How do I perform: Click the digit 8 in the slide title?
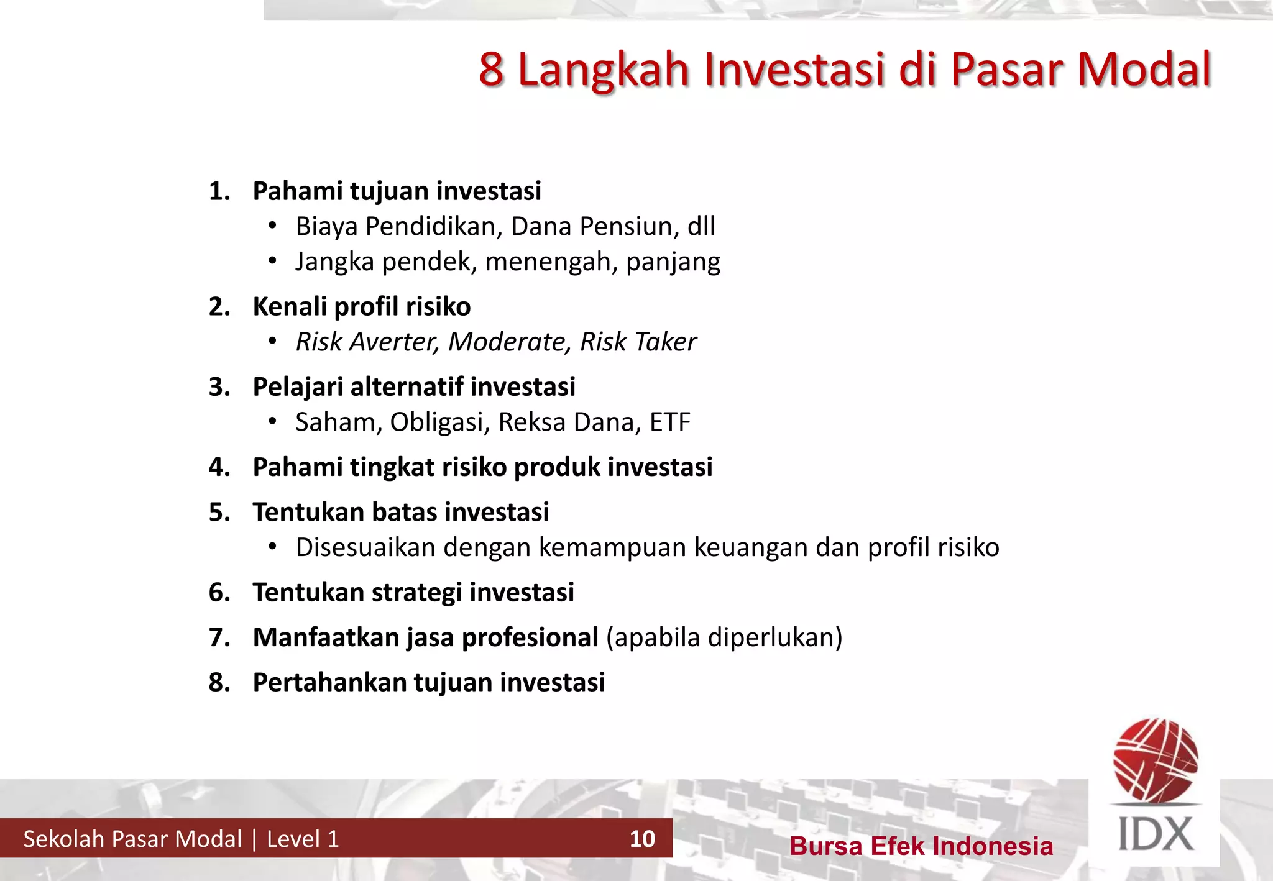click(491, 69)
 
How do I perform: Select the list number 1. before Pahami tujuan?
click(219, 191)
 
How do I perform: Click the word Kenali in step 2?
click(290, 307)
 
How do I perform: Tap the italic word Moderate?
click(509, 342)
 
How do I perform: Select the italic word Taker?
click(666, 342)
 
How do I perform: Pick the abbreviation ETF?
click(670, 422)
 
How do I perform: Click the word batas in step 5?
click(404, 513)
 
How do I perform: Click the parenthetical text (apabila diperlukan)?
click(724, 637)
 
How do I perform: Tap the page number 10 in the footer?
click(642, 839)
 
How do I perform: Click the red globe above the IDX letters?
click(1156, 760)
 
